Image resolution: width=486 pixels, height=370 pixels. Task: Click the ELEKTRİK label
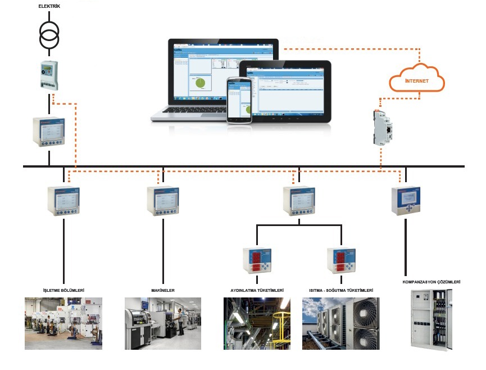[49, 6]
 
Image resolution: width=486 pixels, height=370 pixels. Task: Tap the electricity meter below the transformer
[49, 75]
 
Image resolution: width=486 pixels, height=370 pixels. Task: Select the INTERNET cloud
[416, 79]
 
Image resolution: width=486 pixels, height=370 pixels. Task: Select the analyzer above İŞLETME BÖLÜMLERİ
[63, 201]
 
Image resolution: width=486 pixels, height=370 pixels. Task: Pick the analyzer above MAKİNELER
[162, 201]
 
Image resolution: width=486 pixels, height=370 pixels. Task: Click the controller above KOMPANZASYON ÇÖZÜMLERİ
[406, 201]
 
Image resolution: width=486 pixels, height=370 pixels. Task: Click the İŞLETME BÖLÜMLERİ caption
[63, 290]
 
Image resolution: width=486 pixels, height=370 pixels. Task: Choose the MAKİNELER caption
[162, 290]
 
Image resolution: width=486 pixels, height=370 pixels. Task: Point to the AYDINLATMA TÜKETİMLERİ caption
[257, 290]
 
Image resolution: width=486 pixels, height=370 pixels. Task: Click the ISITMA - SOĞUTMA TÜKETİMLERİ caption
[341, 290]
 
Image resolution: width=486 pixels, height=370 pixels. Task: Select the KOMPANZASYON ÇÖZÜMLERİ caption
[432, 281]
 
